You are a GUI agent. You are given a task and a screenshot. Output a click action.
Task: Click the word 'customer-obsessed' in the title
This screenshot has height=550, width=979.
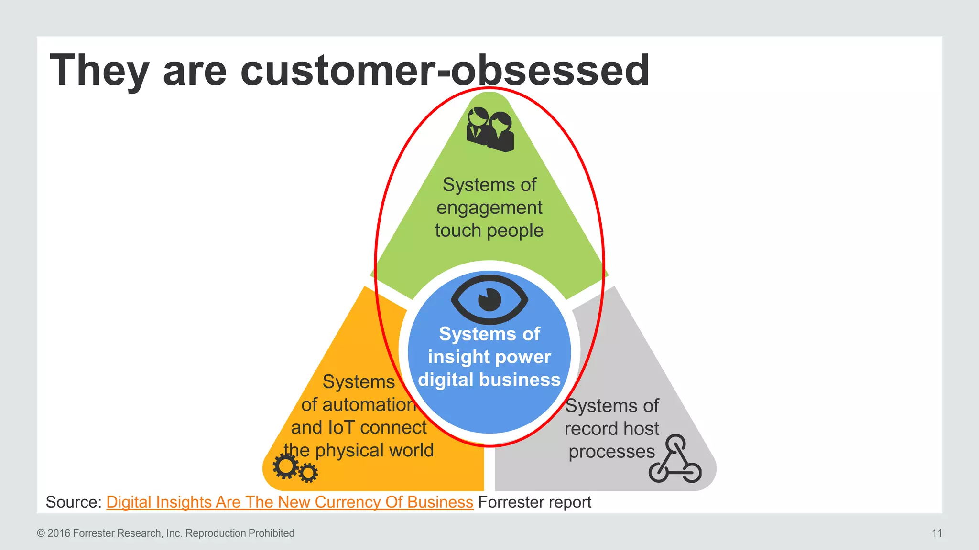point(445,71)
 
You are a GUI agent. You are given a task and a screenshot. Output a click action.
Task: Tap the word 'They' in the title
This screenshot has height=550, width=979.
point(99,71)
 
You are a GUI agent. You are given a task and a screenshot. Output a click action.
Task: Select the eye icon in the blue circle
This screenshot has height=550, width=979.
point(489,300)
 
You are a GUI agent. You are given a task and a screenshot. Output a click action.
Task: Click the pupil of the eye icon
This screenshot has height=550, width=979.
point(489,300)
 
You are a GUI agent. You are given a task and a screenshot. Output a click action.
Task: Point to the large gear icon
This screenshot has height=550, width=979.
point(285,466)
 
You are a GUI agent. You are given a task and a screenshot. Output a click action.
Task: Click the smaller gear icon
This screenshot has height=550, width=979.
point(308,473)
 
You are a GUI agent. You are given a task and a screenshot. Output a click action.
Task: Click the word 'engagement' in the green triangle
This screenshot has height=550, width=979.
point(489,208)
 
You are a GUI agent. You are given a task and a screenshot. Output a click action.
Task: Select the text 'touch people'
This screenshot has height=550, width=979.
point(489,231)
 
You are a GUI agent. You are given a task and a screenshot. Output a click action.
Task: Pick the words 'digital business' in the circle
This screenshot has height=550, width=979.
point(489,380)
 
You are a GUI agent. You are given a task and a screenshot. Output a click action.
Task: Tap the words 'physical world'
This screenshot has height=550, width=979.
point(374,450)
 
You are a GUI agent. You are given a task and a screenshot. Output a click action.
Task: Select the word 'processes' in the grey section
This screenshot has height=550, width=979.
point(611,452)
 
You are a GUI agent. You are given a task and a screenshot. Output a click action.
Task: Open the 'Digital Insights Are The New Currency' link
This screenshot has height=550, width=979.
point(289,502)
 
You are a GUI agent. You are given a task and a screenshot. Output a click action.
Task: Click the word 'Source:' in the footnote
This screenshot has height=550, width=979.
point(74,502)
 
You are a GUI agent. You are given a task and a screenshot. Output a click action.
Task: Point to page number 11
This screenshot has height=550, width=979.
point(936,533)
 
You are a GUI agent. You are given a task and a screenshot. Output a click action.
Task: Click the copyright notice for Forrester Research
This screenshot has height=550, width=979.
point(165,533)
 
